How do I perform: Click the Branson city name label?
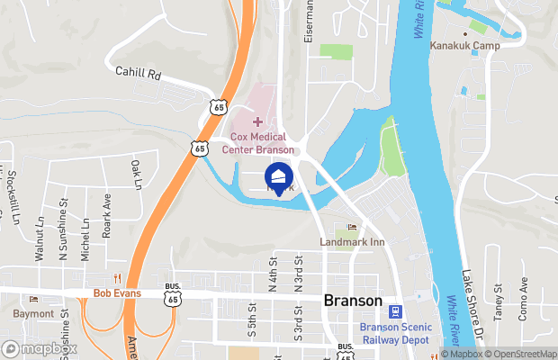[x=352, y=301]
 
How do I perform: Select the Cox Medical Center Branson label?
[x=257, y=142]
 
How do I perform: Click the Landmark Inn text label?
[x=352, y=242]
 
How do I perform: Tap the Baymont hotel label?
[x=33, y=313]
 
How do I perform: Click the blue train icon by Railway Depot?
[x=394, y=311]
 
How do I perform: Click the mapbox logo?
[x=40, y=348]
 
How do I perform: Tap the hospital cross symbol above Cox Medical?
[x=257, y=121]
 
